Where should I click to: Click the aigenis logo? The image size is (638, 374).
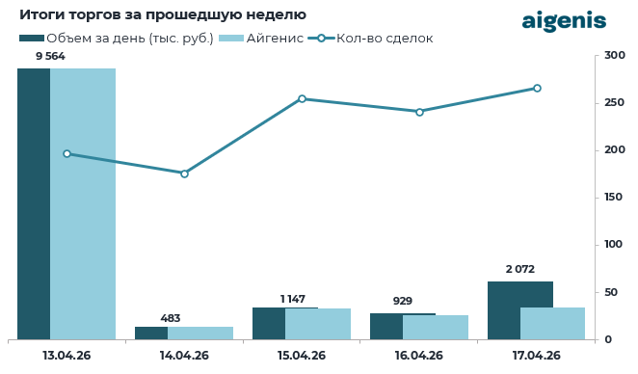pos(564,21)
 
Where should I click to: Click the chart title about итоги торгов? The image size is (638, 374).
pos(163,14)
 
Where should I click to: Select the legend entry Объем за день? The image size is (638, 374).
pos(117,38)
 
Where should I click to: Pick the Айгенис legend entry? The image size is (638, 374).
pos(261,38)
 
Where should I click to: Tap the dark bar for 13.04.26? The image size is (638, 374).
pos(34,203)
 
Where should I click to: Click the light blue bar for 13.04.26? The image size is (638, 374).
pos(83,203)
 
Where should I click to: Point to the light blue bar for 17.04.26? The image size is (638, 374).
pos(553,323)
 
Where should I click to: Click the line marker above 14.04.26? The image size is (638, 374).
pos(184,174)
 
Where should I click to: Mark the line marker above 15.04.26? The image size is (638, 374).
pos(302,98)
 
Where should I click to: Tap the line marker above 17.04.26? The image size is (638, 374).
pos(537,88)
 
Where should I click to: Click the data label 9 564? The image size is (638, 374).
pos(52,57)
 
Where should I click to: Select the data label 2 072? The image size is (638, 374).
pos(519,270)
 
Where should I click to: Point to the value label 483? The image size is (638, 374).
pos(170,318)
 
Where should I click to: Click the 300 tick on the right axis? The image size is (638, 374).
pos(614,56)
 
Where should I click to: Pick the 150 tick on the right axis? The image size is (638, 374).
pos(614,198)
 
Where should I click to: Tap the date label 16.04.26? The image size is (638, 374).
pos(418,356)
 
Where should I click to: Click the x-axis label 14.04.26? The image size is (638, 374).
pos(184,356)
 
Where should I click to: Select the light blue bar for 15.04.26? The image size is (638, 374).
pos(318,324)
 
